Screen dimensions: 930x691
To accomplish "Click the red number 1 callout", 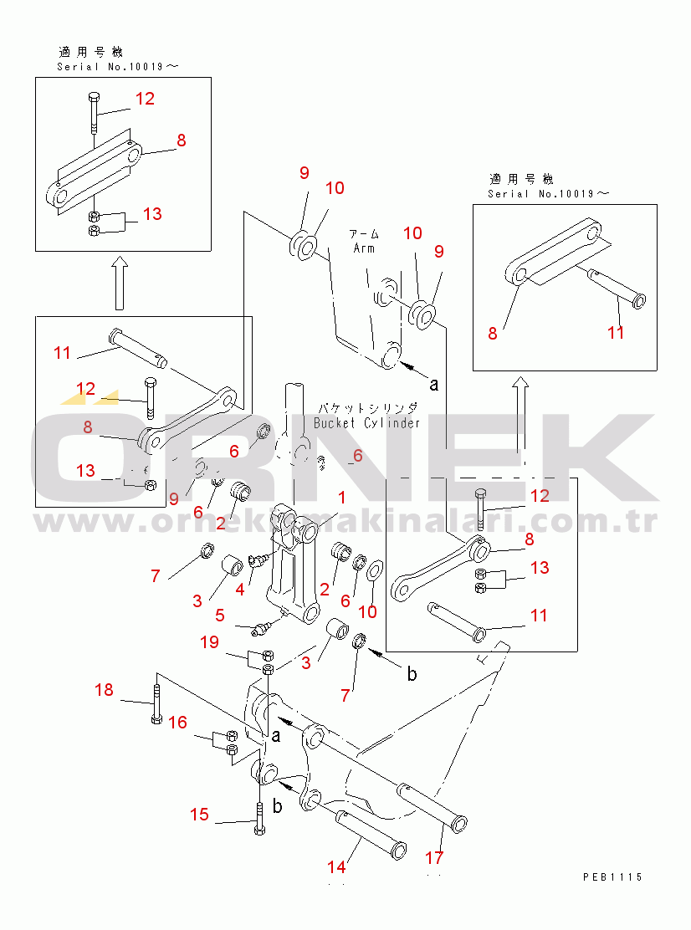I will (341, 498).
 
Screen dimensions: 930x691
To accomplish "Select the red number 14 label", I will (335, 867).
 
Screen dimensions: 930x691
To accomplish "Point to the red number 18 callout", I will (104, 690).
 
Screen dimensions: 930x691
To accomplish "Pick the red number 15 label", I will (199, 814).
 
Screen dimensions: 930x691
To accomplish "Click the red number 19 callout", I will (209, 642).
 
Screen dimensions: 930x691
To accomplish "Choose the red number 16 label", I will (177, 723).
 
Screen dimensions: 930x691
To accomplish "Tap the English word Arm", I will (364, 248).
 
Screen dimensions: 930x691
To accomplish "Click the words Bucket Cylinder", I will (366, 423).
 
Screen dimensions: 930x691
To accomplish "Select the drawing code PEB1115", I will (612, 876).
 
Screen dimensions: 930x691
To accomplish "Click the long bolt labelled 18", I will (156, 703).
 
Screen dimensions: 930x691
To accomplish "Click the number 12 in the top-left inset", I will (145, 99).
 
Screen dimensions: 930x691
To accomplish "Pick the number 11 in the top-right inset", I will (616, 332).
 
